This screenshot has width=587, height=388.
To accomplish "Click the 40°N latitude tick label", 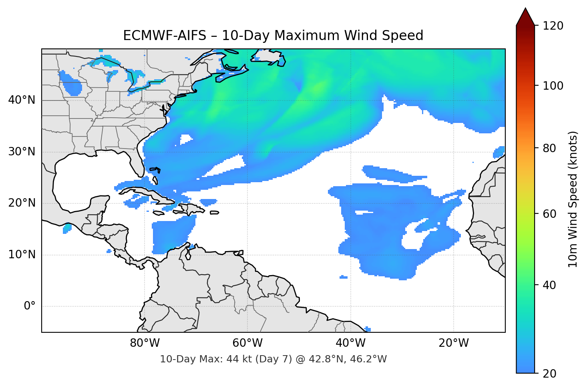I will point(22,100).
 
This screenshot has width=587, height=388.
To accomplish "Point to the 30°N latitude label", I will point(22,152).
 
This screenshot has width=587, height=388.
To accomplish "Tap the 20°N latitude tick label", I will point(22,203).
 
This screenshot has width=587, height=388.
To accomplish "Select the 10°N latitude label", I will point(22,255).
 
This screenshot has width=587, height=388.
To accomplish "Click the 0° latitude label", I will point(29,306).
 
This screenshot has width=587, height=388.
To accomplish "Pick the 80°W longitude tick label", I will point(145,343).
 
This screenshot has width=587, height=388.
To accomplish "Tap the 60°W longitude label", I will point(247,343).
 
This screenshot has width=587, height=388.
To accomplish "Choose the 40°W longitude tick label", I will point(350,343).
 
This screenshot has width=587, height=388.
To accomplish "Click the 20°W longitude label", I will point(454,343).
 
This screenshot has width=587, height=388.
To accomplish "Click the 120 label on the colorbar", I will point(553,26).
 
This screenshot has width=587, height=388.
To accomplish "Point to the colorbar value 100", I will point(553,86).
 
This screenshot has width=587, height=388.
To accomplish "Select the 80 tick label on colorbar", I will point(549,148).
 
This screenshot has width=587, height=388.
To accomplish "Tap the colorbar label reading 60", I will point(549,214).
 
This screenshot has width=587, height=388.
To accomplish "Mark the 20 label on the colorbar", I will point(549,374).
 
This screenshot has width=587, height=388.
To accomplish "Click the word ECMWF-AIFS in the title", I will point(164,36).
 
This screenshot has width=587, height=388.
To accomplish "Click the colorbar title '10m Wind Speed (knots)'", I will point(573,199).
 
